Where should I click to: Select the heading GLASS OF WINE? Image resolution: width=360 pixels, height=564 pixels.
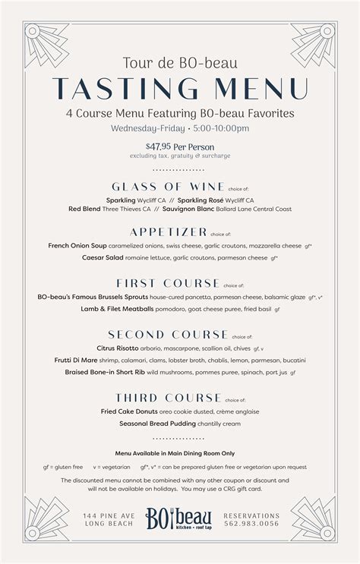click(x=168, y=186)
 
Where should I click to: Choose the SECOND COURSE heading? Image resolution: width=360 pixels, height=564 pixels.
click(x=168, y=334)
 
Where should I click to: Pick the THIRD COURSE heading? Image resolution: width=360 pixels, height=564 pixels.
click(x=169, y=397)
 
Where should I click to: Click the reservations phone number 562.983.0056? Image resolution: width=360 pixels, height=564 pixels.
click(x=254, y=523)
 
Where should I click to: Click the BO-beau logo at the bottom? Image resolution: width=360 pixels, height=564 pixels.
click(x=180, y=520)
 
